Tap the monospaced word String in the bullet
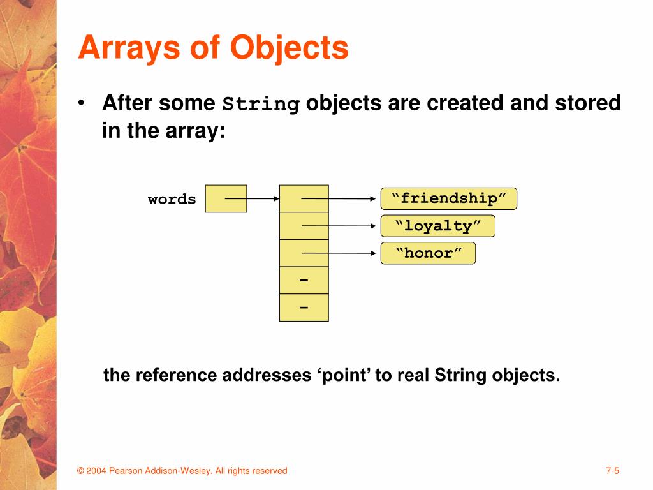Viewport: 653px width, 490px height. coord(261,104)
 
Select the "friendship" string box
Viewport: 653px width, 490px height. coord(448,198)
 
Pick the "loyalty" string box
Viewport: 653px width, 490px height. coord(437,226)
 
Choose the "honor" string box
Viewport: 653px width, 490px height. coord(428,253)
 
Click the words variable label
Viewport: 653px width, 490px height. coord(172,199)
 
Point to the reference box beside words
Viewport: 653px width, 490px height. coord(226,198)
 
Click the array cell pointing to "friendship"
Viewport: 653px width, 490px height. coord(304,198)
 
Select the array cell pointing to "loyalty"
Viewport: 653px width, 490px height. coord(304,226)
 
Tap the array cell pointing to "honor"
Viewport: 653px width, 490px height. coord(304,253)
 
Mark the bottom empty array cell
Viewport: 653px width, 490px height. coord(304,308)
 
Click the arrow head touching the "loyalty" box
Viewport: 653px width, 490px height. coord(374,226)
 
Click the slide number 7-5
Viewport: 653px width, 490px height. coord(613,471)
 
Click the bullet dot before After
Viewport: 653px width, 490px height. coord(82,103)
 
